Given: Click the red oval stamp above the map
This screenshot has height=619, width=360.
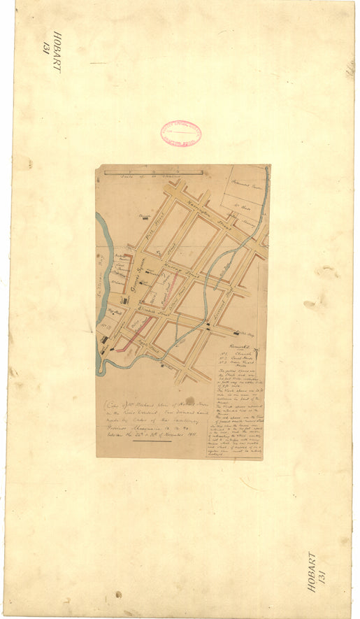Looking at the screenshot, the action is tap(180, 134).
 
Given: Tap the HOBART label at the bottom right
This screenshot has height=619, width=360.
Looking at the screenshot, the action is tap(312, 572).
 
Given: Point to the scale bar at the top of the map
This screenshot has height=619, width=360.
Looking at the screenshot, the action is tap(154, 172).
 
